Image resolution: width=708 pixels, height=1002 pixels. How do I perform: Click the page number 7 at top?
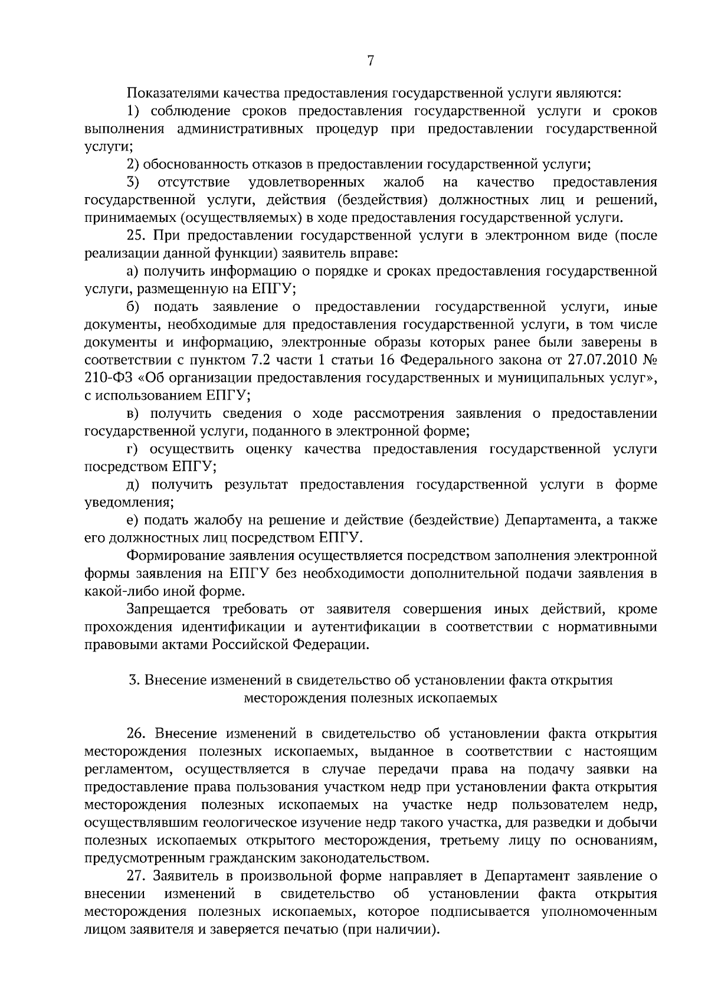tap(371, 61)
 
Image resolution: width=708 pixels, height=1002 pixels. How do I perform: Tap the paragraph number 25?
tap(137, 236)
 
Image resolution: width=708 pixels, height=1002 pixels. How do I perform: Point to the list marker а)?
tap(133, 271)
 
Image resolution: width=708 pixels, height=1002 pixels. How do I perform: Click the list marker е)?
tap(133, 520)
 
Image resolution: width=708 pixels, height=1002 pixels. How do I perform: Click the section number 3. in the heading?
tap(134, 680)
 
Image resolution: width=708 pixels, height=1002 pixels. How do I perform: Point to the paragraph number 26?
tap(137, 734)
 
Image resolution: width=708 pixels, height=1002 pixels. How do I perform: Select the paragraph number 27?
tap(137, 876)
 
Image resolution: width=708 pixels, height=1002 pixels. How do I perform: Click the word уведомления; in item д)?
tap(129, 503)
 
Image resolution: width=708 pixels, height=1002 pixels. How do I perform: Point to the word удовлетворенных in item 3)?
tap(307, 182)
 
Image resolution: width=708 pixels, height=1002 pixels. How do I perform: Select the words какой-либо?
tap(118, 591)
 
